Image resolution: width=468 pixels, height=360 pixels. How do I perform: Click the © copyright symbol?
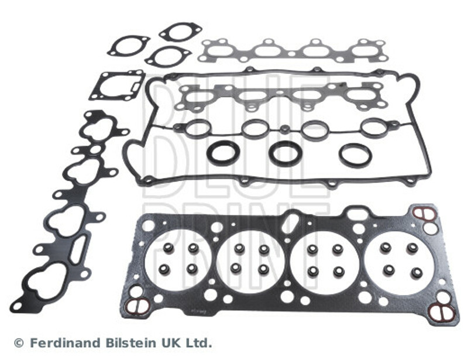tap(18, 342)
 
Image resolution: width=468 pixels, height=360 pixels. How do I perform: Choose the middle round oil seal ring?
tap(285, 153)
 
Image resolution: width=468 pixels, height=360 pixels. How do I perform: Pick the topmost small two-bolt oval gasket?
tap(180, 32)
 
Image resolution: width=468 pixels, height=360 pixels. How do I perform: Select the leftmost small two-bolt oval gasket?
tap(129, 45)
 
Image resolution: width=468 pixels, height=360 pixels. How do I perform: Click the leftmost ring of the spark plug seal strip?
tap(198, 128)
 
